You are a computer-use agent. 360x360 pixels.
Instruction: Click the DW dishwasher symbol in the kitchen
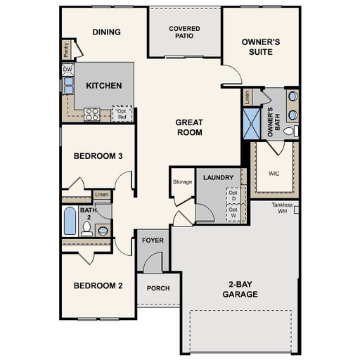coord(68,70)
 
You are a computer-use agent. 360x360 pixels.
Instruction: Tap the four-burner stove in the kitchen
coord(92,115)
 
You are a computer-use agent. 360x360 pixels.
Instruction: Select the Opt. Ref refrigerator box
coord(122,114)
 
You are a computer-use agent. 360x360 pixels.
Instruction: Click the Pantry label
coord(66,49)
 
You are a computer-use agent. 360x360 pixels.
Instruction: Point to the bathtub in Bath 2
coord(70,221)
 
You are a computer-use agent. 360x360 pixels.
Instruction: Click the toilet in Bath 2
coord(86,229)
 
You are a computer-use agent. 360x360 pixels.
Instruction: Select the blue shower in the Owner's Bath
coord(252,124)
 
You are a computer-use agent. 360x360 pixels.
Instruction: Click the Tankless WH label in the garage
coord(282,208)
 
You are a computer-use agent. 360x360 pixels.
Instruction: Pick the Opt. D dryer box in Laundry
coord(233,195)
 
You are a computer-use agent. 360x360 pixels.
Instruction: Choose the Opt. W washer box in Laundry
coord(233,212)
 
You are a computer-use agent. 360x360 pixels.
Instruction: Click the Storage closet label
coord(182,182)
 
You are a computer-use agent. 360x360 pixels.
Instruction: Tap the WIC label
coord(274,174)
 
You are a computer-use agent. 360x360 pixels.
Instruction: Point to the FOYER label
coord(153,240)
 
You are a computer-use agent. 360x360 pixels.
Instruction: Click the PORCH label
coord(158,288)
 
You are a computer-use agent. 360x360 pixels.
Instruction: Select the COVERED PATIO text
coord(184,32)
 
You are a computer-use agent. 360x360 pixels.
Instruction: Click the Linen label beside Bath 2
coord(102,194)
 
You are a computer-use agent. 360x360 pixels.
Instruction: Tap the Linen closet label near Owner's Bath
coord(247,97)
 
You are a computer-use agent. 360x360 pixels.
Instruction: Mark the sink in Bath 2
coord(103,231)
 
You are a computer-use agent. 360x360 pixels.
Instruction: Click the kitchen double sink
coord(68,86)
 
